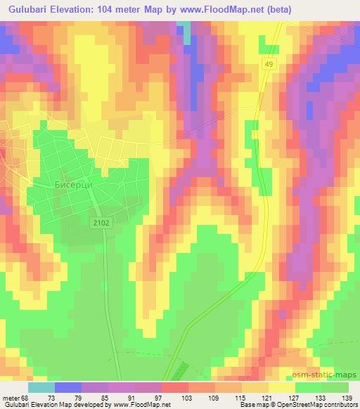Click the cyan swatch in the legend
click(41, 387)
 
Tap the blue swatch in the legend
click(68, 387)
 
